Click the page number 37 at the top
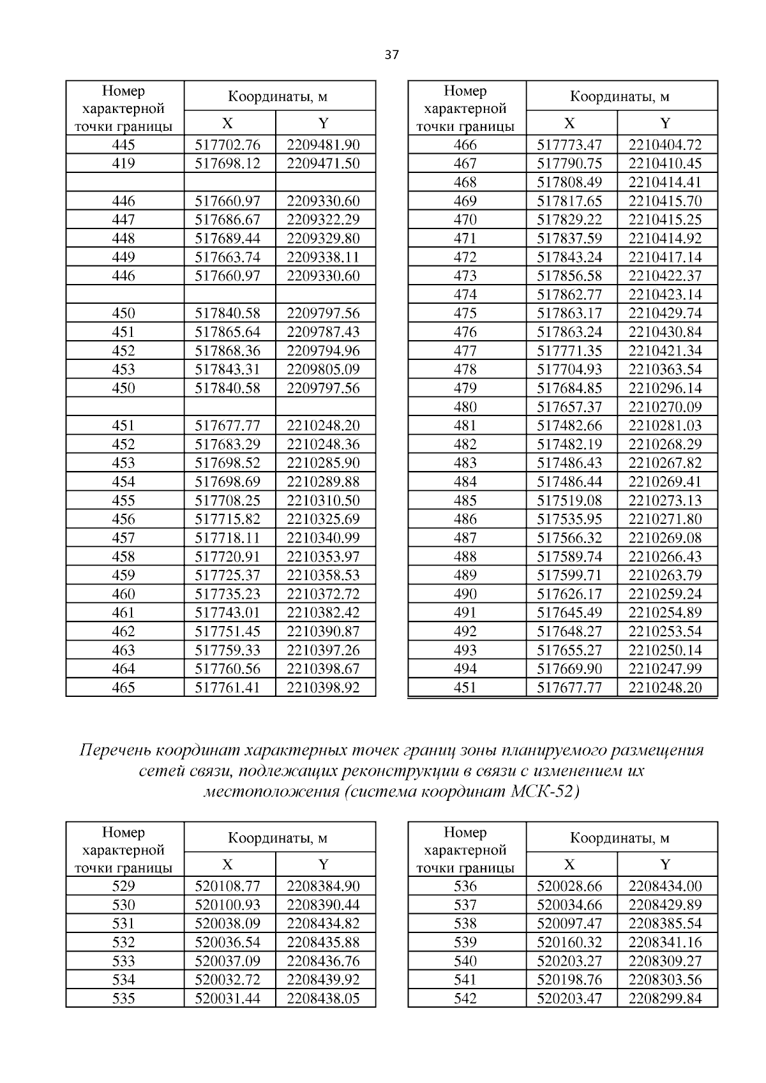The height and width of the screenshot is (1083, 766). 392,55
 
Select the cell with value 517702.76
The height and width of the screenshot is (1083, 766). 227,145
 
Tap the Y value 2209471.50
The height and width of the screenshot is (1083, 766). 323,163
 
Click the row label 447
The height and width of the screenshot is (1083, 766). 123,220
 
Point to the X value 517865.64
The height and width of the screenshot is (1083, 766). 227,332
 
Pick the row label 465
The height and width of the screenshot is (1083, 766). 123,688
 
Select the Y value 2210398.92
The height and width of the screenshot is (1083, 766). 323,688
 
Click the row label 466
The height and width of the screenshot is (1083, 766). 465,145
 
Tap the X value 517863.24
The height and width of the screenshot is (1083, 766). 569,332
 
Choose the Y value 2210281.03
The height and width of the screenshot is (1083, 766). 665,426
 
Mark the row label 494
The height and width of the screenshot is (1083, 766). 465,669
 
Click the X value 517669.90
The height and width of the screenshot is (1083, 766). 569,669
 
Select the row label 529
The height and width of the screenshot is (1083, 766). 123,886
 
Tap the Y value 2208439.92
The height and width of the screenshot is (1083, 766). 323,980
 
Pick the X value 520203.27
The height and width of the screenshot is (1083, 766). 569,961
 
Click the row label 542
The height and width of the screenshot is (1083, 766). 465,998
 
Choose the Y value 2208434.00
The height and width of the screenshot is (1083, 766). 665,886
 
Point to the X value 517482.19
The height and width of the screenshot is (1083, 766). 569,444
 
